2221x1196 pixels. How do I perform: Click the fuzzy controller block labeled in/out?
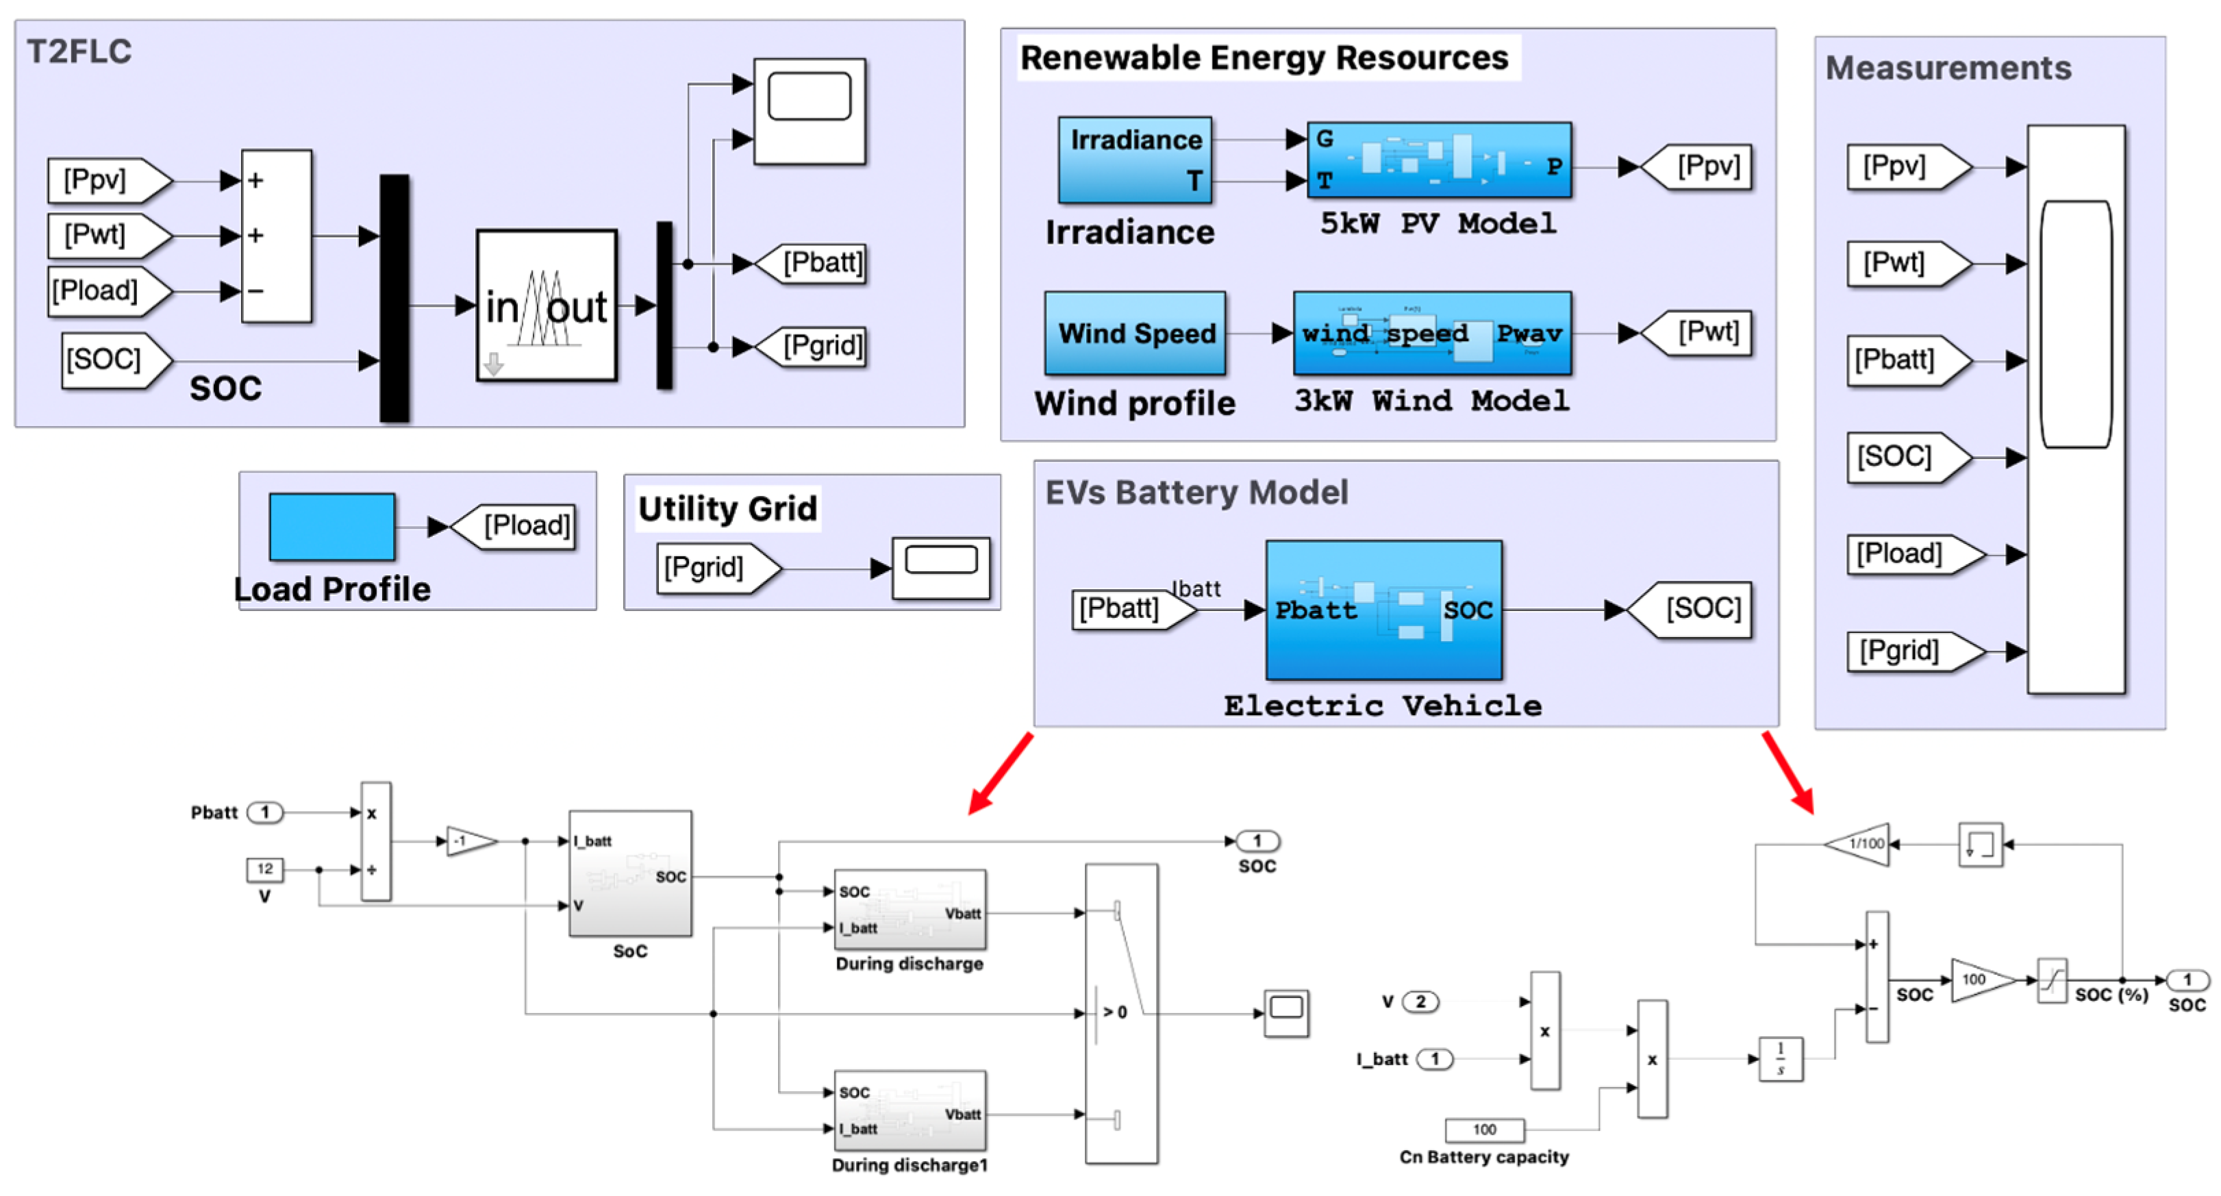(x=547, y=306)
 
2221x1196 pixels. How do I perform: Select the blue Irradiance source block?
(x=1135, y=160)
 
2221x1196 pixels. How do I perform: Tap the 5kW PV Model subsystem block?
(x=1438, y=160)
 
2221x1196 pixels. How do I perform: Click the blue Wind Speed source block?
(x=1135, y=333)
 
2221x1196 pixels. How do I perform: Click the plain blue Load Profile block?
(x=332, y=526)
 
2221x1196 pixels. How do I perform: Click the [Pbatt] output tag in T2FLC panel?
(x=816, y=263)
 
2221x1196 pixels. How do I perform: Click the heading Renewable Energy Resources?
(x=1264, y=58)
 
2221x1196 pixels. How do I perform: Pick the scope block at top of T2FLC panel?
(x=809, y=110)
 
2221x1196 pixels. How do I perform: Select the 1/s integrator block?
(x=1779, y=1058)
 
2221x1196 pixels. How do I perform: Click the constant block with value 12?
(x=264, y=869)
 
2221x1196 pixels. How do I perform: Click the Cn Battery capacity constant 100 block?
(x=1484, y=1130)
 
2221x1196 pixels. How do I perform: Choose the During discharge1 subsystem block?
(x=909, y=1110)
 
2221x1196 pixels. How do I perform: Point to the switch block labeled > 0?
(x=1121, y=1013)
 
